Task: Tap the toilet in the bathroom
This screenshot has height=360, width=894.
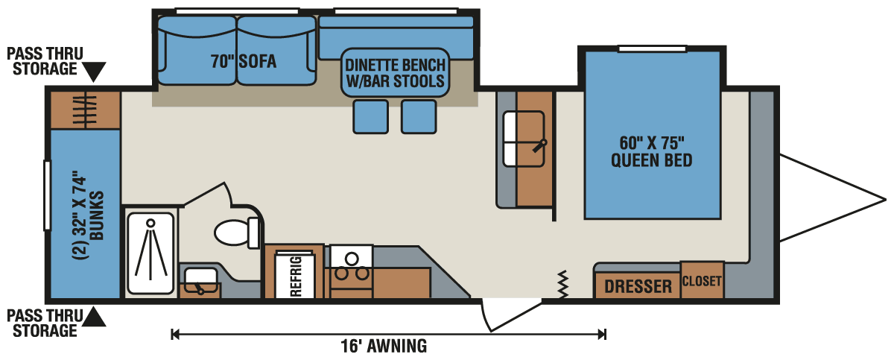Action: [235, 232]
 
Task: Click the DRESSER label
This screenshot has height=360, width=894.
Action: [638, 286]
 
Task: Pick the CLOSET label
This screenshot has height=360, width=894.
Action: [702, 281]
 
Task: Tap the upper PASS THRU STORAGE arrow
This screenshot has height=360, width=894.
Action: [95, 72]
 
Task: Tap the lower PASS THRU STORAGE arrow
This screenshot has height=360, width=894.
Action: [95, 318]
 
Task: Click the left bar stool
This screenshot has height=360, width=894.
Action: [370, 116]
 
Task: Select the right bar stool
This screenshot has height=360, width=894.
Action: [419, 116]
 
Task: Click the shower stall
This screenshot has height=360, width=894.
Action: [150, 253]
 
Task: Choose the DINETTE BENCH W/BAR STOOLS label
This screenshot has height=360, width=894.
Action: [395, 72]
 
